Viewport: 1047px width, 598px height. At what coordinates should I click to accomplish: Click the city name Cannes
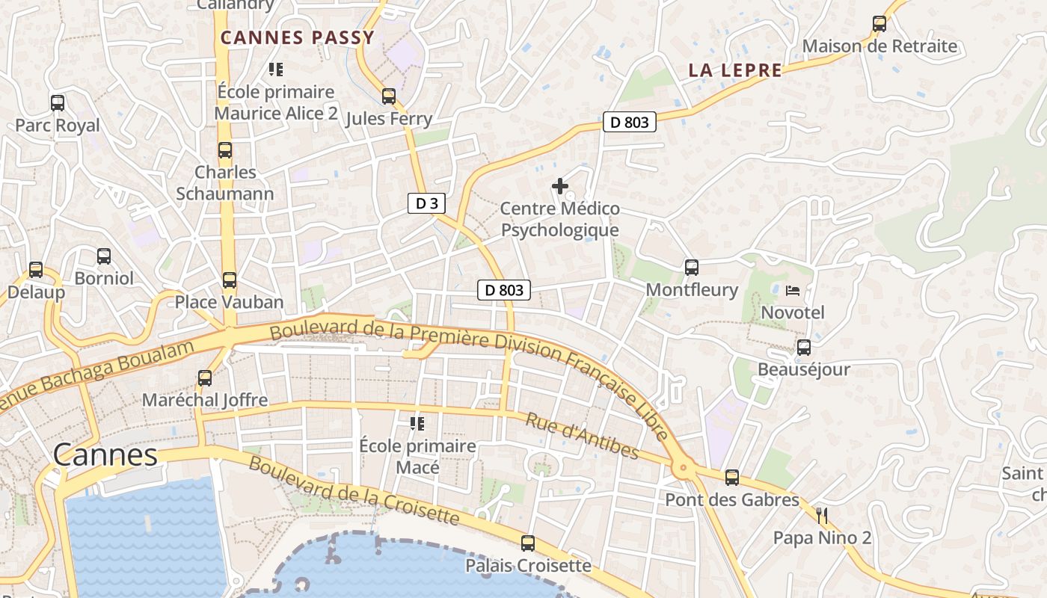105,454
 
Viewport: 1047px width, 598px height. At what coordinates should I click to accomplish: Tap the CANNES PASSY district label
297,38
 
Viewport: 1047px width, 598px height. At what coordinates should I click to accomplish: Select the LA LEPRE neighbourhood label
735,71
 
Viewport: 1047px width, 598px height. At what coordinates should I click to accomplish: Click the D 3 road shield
426,203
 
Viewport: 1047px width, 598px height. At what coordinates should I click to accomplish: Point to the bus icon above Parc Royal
58,103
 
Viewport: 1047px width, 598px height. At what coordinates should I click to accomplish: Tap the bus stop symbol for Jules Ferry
389,96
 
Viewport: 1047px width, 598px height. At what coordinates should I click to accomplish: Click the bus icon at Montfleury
692,268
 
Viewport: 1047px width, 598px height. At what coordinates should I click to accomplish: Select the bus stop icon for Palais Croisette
528,543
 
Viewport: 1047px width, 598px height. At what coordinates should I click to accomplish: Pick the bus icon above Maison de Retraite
879,24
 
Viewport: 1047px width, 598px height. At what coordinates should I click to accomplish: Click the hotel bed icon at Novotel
793,290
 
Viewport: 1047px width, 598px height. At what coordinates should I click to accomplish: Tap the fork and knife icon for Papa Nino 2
821,515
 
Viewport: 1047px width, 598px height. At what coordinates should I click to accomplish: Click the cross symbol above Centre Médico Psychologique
560,186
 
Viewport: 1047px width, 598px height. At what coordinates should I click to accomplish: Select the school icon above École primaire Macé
417,425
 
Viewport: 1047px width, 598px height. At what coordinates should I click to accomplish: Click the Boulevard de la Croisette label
353,490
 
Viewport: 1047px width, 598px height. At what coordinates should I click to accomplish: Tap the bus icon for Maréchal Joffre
205,378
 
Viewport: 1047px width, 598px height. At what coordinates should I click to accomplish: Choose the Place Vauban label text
229,302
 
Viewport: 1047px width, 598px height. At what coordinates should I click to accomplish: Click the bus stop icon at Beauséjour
804,348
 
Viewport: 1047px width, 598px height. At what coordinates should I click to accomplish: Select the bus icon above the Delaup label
36,270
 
